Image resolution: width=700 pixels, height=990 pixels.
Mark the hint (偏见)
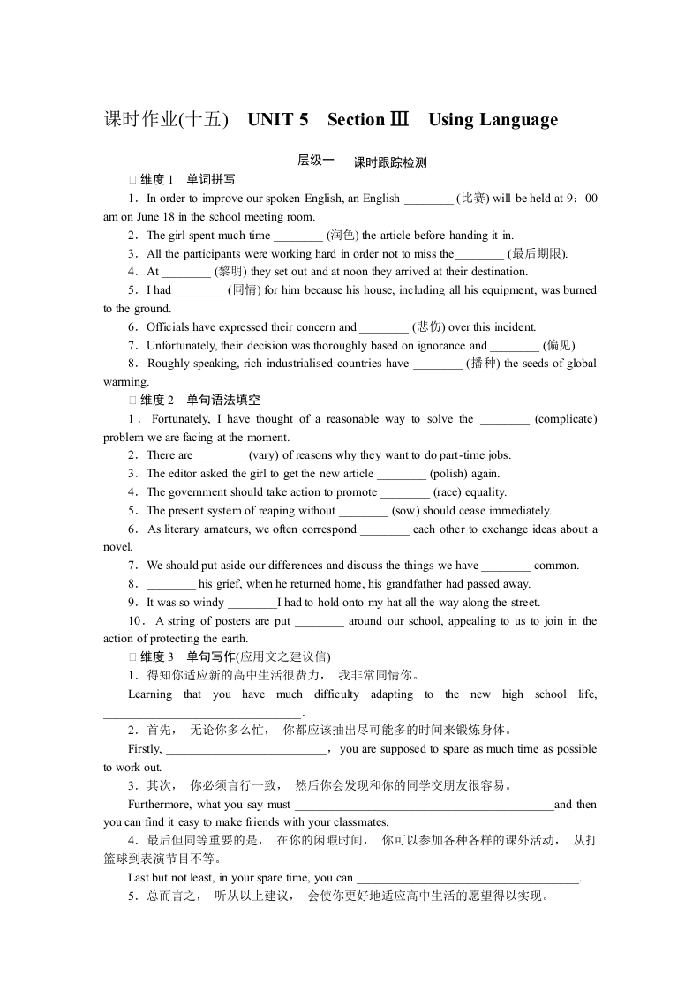pos(560,346)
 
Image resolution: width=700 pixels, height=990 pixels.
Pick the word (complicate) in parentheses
pos(566,419)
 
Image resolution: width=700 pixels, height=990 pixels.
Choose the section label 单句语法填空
pos(223,401)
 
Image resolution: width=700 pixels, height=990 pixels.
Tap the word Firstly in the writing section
pos(145,749)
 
